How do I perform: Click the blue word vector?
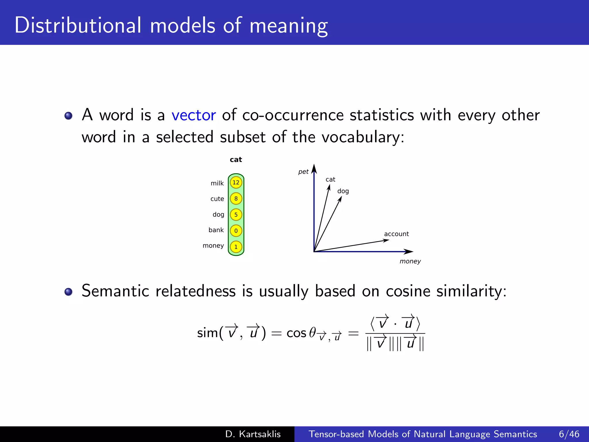click(x=194, y=115)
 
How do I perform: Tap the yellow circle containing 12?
click(x=236, y=182)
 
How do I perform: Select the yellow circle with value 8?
click(x=236, y=199)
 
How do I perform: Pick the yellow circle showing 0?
click(x=236, y=231)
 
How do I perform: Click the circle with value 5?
click(x=236, y=215)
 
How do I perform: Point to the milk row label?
click(x=217, y=183)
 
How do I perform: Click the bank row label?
click(x=216, y=230)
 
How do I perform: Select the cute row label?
click(x=217, y=199)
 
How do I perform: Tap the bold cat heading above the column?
click(x=236, y=160)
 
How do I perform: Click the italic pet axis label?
click(x=303, y=172)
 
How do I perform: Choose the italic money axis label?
click(x=410, y=261)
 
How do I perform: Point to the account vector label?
click(x=396, y=234)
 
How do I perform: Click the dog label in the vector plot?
click(x=343, y=191)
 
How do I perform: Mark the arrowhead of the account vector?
click(x=387, y=241)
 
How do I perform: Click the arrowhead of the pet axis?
click(x=314, y=169)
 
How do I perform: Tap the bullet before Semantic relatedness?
click(x=68, y=292)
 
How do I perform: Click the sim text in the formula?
click(x=207, y=333)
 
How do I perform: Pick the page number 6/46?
click(x=569, y=434)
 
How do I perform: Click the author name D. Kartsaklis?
click(x=253, y=434)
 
